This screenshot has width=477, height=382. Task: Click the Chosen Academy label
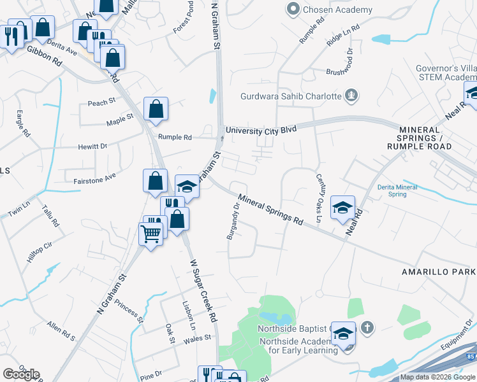point(338,10)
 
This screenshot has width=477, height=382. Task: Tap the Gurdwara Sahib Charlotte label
point(291,97)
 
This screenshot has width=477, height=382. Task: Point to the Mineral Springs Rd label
point(271,208)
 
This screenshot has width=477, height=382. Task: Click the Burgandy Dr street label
point(232,220)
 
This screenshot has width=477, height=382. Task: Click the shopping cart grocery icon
point(151,234)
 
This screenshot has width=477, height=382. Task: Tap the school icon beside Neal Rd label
point(342,208)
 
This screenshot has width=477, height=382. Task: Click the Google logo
point(21,374)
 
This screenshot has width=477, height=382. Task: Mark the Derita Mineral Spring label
point(397,190)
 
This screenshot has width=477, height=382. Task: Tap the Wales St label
point(197,339)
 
